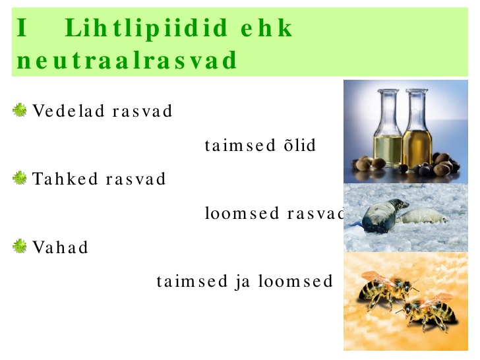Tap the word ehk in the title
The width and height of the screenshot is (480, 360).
[266, 28]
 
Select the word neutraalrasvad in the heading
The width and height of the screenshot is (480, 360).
[127, 60]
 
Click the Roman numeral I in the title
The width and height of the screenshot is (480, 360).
[22, 28]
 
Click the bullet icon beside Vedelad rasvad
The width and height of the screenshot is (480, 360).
[20, 110]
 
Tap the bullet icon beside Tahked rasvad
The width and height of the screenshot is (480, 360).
[20, 178]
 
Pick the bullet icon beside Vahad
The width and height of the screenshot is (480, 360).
[20, 247]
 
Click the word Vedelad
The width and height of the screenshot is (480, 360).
[69, 111]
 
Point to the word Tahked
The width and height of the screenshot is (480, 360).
[65, 179]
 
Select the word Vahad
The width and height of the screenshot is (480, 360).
[60, 247]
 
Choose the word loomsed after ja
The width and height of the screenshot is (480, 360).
[295, 281]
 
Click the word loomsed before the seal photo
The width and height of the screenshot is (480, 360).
[242, 213]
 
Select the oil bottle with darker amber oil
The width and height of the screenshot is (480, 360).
[417, 129]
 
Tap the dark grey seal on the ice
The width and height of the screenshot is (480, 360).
[384, 216]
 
